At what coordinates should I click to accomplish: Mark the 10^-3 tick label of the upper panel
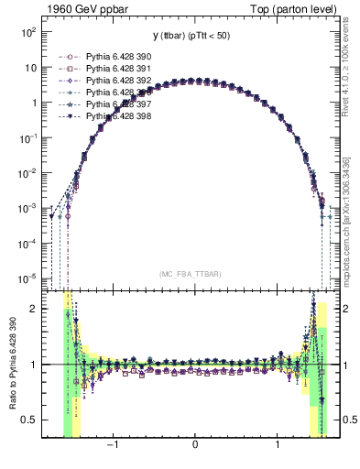tap(27, 207)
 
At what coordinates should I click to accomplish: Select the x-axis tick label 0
tap(195, 447)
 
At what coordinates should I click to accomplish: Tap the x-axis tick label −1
tap(112, 447)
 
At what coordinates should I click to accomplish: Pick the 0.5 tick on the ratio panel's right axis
tap(347, 420)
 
